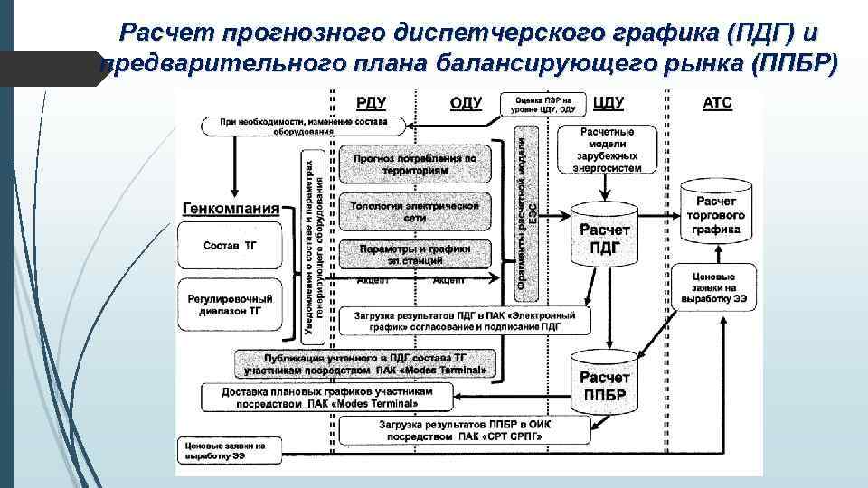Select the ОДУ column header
click(466, 103)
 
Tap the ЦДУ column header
click(613, 103)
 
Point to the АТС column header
click(717, 103)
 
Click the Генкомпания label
click(231, 208)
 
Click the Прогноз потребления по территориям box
click(415, 164)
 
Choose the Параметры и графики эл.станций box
click(415, 254)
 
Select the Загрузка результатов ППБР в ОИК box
click(461, 430)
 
